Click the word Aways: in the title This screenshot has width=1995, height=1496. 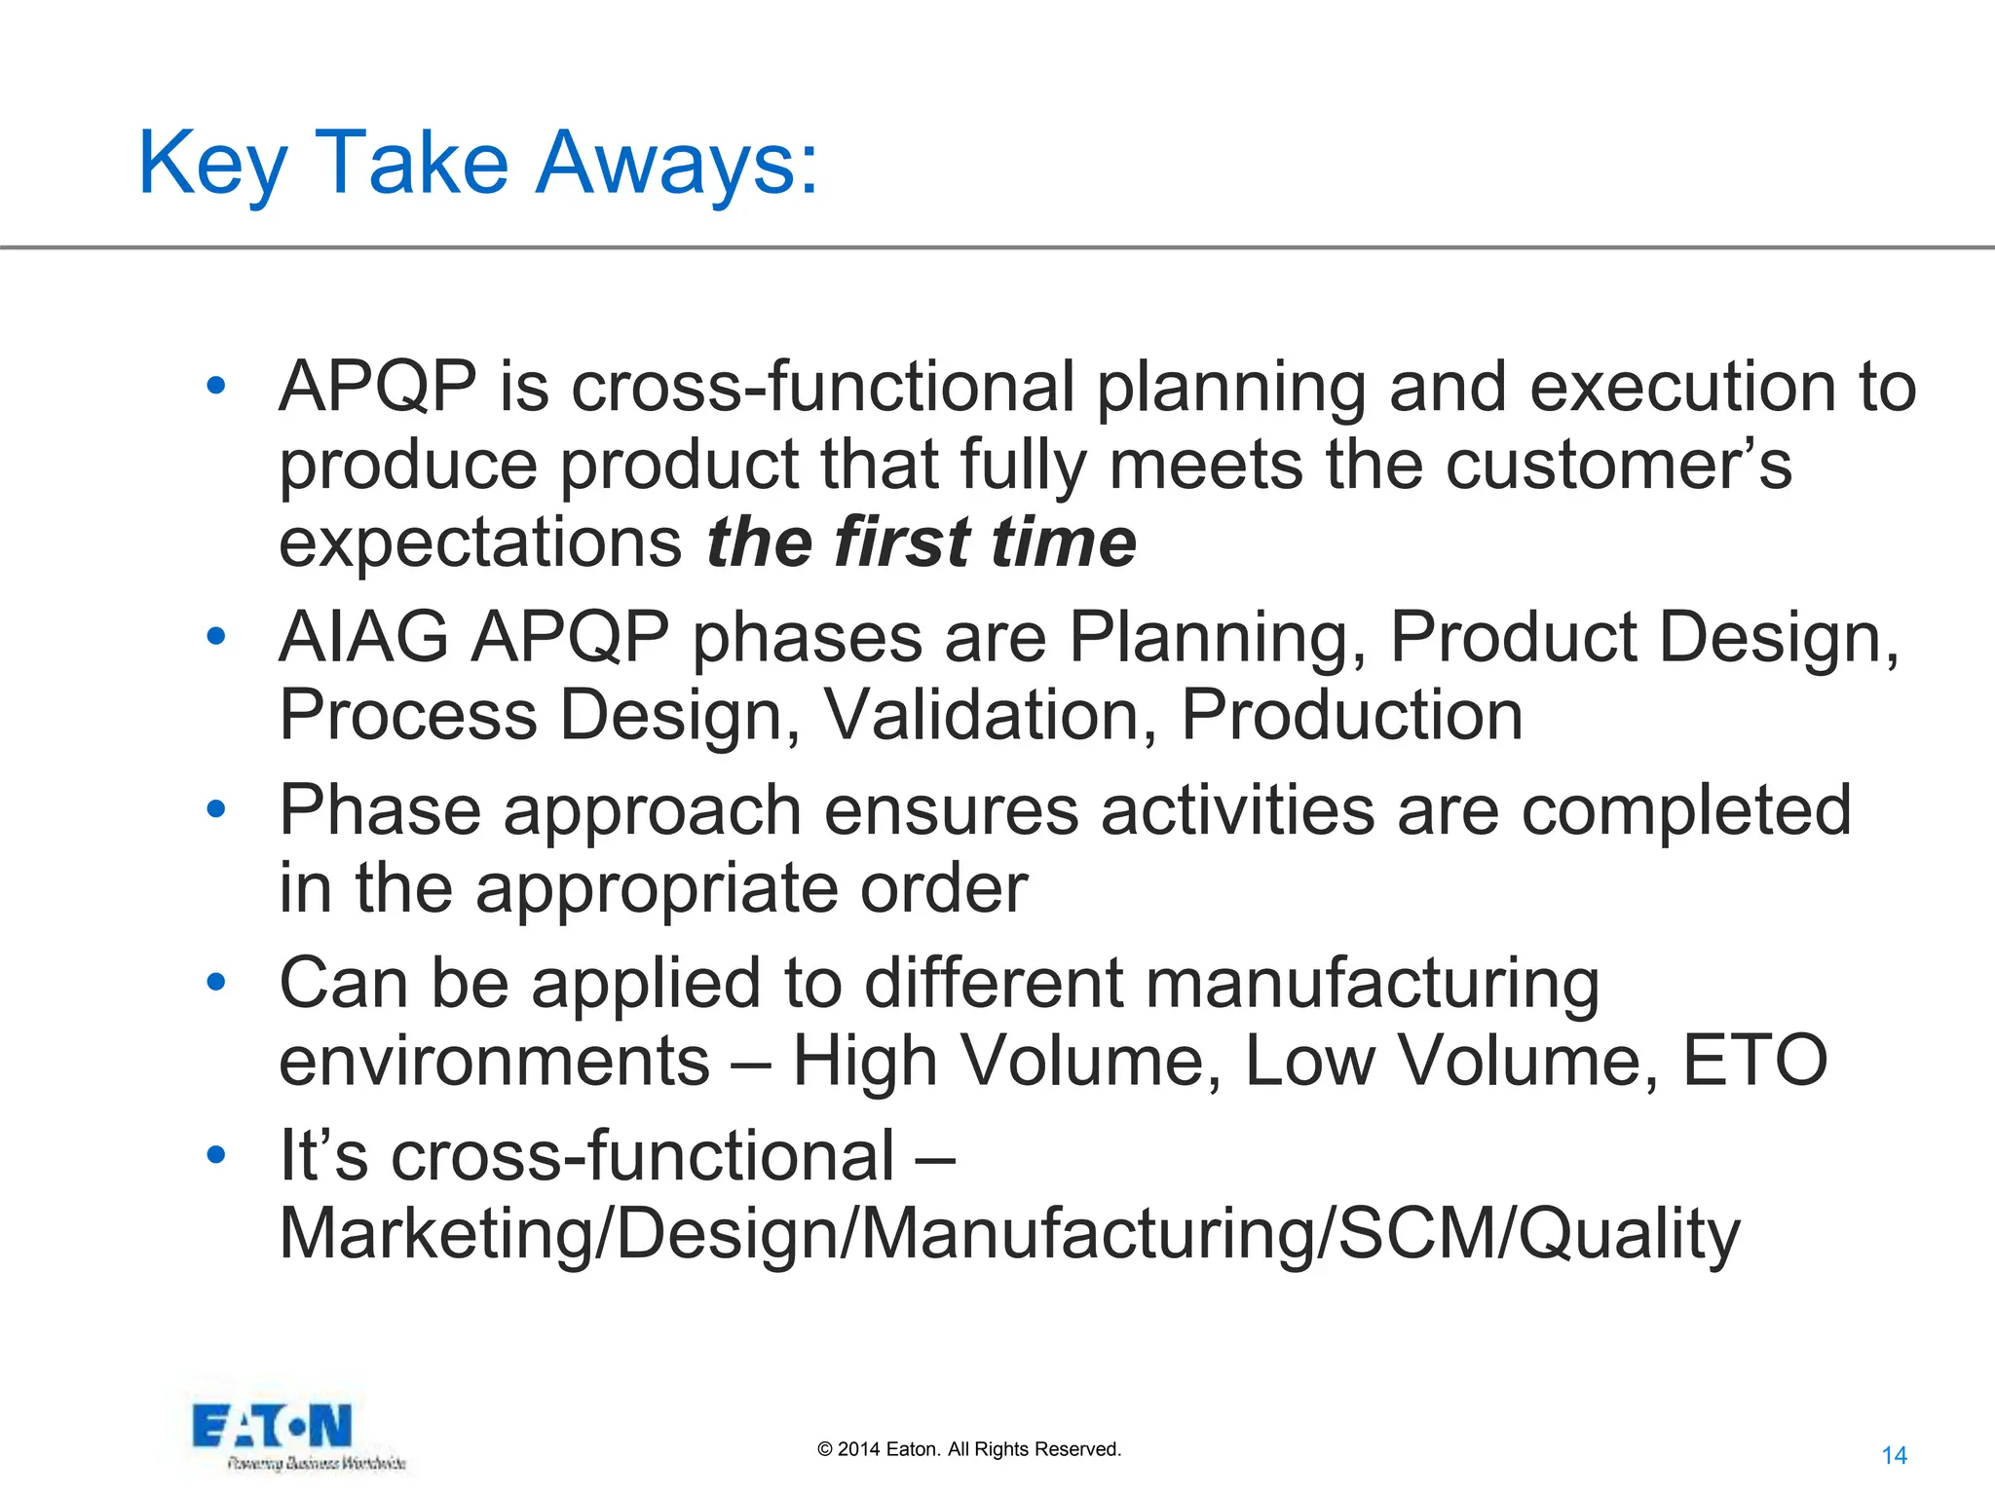click(678, 164)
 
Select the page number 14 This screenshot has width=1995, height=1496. click(1894, 1455)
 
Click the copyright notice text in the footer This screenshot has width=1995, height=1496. click(969, 1449)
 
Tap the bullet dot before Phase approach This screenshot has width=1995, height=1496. click(216, 808)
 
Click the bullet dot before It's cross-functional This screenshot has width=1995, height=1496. click(216, 1155)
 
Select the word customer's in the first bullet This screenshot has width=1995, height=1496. click(1617, 465)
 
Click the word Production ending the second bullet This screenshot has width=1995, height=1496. click(1352, 715)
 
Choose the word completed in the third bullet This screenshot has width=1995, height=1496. click(1685, 810)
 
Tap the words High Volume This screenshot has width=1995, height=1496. click(1007, 1061)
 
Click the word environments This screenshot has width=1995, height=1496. click(495, 1061)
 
